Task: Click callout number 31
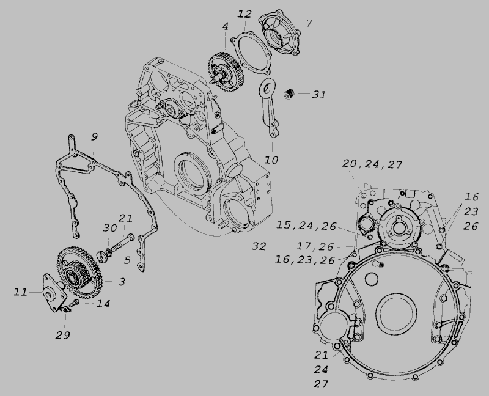pos(319,95)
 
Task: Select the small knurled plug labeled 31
pos(289,94)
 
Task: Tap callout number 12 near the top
pos(244,14)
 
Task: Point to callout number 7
pos(309,23)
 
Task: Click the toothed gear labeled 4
pos(225,71)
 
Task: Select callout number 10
pos(271,160)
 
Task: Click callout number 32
pos(259,246)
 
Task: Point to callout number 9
pos(94,136)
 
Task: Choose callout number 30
pos(110,228)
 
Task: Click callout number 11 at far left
pos(20,292)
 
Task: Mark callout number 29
pos(63,335)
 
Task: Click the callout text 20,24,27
pos(372,164)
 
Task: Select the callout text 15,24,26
pos(306,226)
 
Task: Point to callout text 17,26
pos(315,246)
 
